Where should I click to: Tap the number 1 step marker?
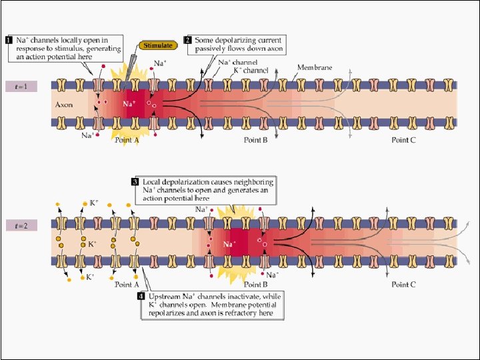[9, 39]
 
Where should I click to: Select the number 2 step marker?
[188, 39]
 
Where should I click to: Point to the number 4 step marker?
[141, 295]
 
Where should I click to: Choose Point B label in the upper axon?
[255, 140]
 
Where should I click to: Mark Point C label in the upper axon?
[404, 140]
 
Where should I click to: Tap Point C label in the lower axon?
[404, 285]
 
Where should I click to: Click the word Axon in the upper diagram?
[63, 105]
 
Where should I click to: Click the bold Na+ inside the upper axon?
[128, 104]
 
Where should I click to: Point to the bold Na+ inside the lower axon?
[229, 245]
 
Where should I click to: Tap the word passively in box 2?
[209, 49]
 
